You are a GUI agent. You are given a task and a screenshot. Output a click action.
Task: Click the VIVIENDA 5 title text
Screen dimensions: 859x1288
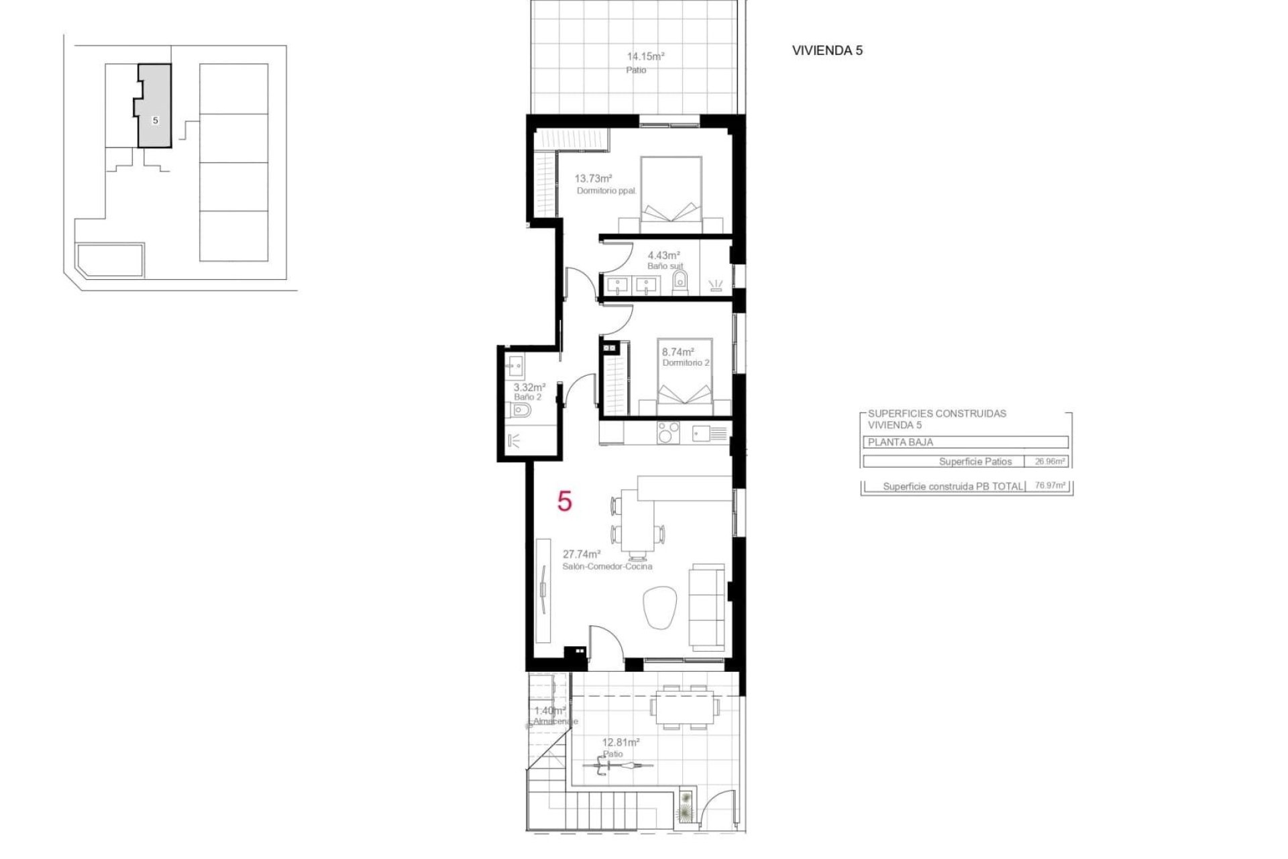(x=826, y=50)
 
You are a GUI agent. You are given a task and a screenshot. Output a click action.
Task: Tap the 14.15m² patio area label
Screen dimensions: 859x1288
(x=645, y=56)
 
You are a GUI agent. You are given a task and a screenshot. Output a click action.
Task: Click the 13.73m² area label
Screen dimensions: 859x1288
(x=593, y=179)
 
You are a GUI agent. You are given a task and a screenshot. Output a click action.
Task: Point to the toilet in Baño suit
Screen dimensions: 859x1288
(x=680, y=282)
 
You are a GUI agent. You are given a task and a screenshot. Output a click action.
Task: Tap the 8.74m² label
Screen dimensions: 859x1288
(x=678, y=352)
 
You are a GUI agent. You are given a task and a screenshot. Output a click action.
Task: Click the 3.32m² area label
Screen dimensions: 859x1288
(x=529, y=387)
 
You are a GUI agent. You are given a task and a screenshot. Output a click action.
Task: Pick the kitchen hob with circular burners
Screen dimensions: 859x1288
(x=667, y=432)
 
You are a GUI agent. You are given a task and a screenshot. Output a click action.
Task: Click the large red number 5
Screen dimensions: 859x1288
(x=565, y=501)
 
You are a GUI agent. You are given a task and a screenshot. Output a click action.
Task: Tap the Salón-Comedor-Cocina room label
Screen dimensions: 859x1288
(x=607, y=566)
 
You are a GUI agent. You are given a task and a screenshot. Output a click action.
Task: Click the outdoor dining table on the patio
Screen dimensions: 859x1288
(x=684, y=706)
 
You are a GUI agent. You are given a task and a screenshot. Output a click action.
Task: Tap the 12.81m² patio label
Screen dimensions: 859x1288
(x=621, y=742)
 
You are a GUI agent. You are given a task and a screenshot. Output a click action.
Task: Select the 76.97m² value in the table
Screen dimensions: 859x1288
(x=1050, y=485)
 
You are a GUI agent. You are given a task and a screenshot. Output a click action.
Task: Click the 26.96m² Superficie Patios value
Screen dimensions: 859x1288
(x=1049, y=461)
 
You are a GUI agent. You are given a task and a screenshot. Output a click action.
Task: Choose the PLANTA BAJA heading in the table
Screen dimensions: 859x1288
(x=900, y=442)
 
